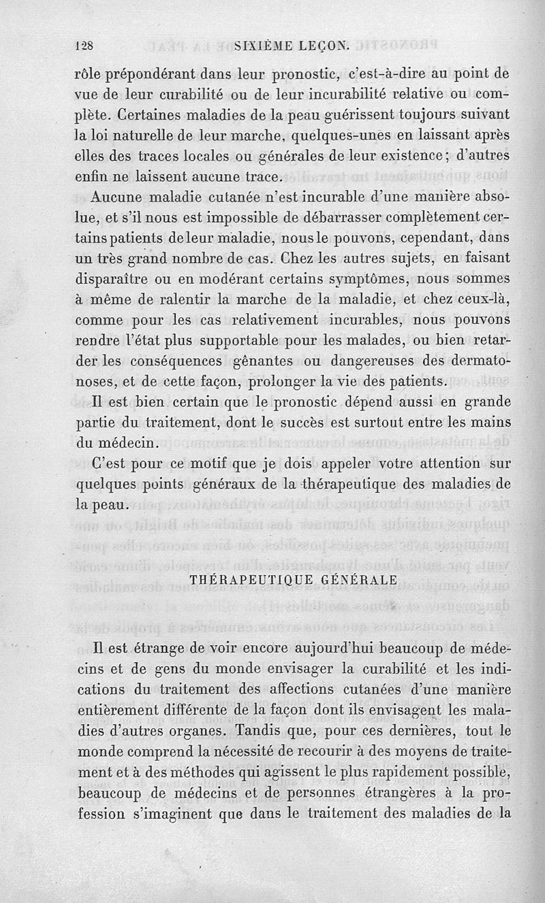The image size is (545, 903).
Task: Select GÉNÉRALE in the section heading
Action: pyautogui.click(x=362, y=580)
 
